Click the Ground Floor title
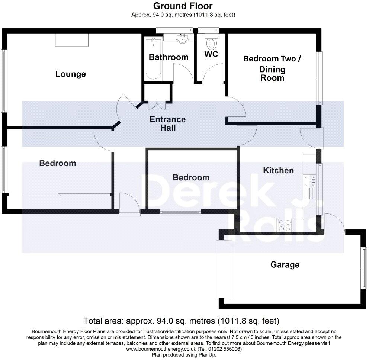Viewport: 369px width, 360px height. pyautogui.click(x=183, y=6)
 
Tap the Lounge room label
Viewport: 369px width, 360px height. pyautogui.click(x=71, y=74)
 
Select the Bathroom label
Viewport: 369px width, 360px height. pyautogui.click(x=169, y=57)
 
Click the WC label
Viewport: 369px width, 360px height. pyautogui.click(x=211, y=54)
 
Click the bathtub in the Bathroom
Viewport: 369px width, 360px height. pyautogui.click(x=153, y=58)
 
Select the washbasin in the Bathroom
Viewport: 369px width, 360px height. pyautogui.click(x=182, y=38)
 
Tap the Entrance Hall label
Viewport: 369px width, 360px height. pyautogui.click(x=167, y=123)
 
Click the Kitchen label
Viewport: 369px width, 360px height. pyautogui.click(x=278, y=170)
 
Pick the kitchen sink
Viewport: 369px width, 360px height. pyautogui.click(x=310, y=181)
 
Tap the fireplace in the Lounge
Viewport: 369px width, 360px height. pyautogui.click(x=72, y=40)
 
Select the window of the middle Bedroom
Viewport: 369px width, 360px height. pyautogui.click(x=180, y=212)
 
